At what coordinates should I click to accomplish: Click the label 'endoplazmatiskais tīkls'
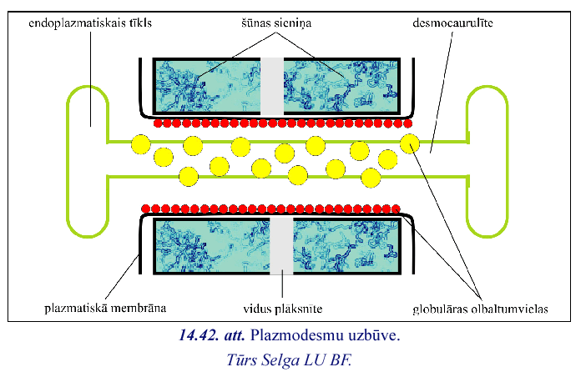click(x=90, y=23)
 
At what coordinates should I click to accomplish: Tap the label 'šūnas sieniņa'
click(x=276, y=23)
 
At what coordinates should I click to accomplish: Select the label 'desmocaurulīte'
click(x=452, y=23)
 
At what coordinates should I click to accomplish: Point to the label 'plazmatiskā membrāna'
click(x=105, y=309)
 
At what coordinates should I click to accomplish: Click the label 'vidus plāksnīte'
click(x=282, y=309)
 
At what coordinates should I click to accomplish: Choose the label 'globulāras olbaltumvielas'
click(x=480, y=309)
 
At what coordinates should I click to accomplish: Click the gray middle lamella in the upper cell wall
click(x=272, y=86)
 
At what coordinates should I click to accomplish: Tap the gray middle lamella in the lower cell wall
click(x=281, y=246)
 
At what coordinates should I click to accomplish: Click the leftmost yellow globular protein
click(x=141, y=144)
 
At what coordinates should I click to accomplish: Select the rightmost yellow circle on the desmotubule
click(x=410, y=143)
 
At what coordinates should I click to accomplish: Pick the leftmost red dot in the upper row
click(x=158, y=123)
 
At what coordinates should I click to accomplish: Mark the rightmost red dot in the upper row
click(x=407, y=123)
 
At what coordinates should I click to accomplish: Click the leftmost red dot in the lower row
click(x=146, y=209)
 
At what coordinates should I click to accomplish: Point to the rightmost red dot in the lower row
click(x=396, y=209)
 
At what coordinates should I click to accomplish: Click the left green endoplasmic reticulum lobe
click(x=68, y=160)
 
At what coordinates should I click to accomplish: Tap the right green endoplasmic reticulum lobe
click(x=508, y=160)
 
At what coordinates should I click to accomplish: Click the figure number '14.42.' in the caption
click(x=199, y=334)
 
